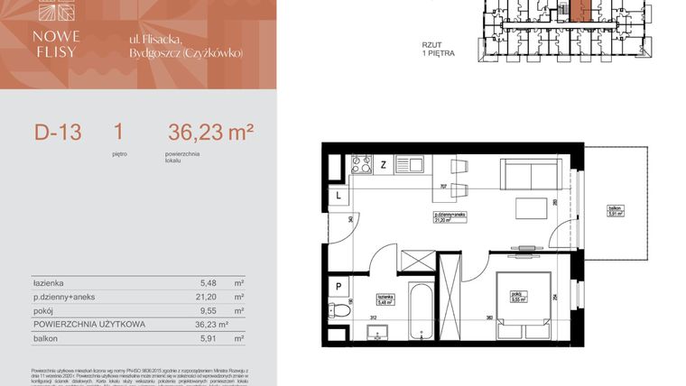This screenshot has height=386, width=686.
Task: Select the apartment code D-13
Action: tap(58, 133)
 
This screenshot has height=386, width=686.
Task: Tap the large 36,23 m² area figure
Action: tap(210, 133)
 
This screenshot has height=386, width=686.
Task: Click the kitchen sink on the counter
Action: tap(415, 164)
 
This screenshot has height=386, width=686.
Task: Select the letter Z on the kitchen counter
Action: tap(384, 164)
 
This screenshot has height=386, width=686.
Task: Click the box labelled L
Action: tap(338, 195)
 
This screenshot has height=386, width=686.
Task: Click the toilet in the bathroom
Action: tap(338, 310)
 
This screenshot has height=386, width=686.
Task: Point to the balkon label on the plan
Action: tap(616, 210)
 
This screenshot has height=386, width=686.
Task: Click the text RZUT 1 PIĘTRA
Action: tap(439, 49)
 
